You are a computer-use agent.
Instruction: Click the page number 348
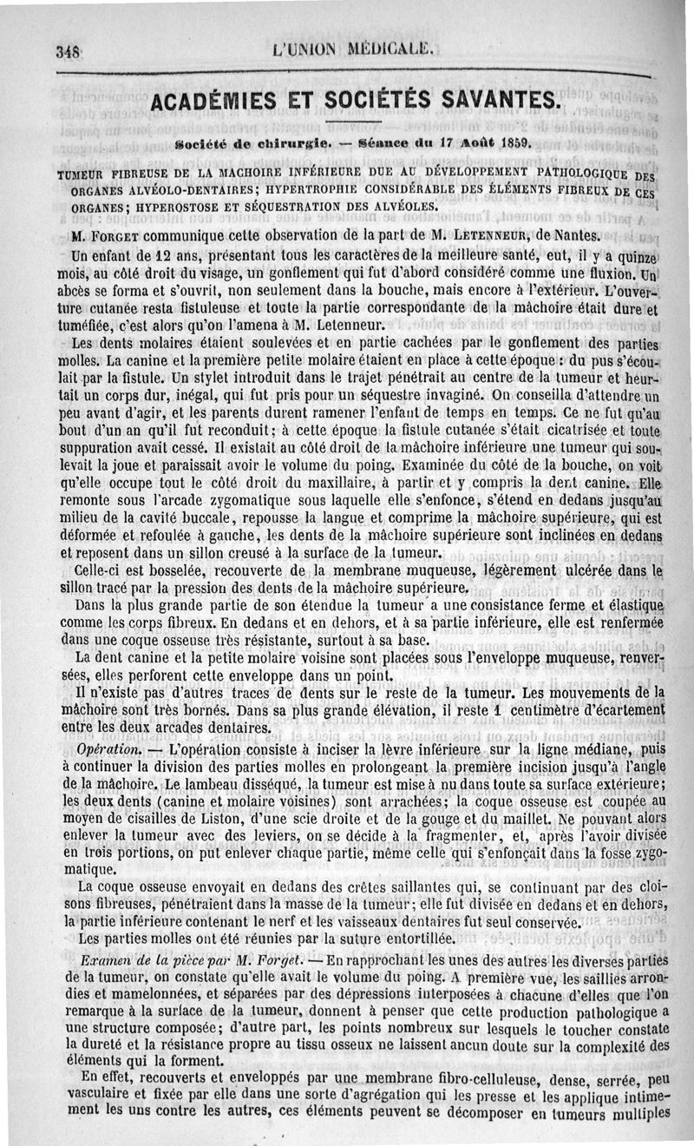click(68, 50)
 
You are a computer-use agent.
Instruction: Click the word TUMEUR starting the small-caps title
click(82, 174)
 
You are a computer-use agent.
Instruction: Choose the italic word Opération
click(108, 748)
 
